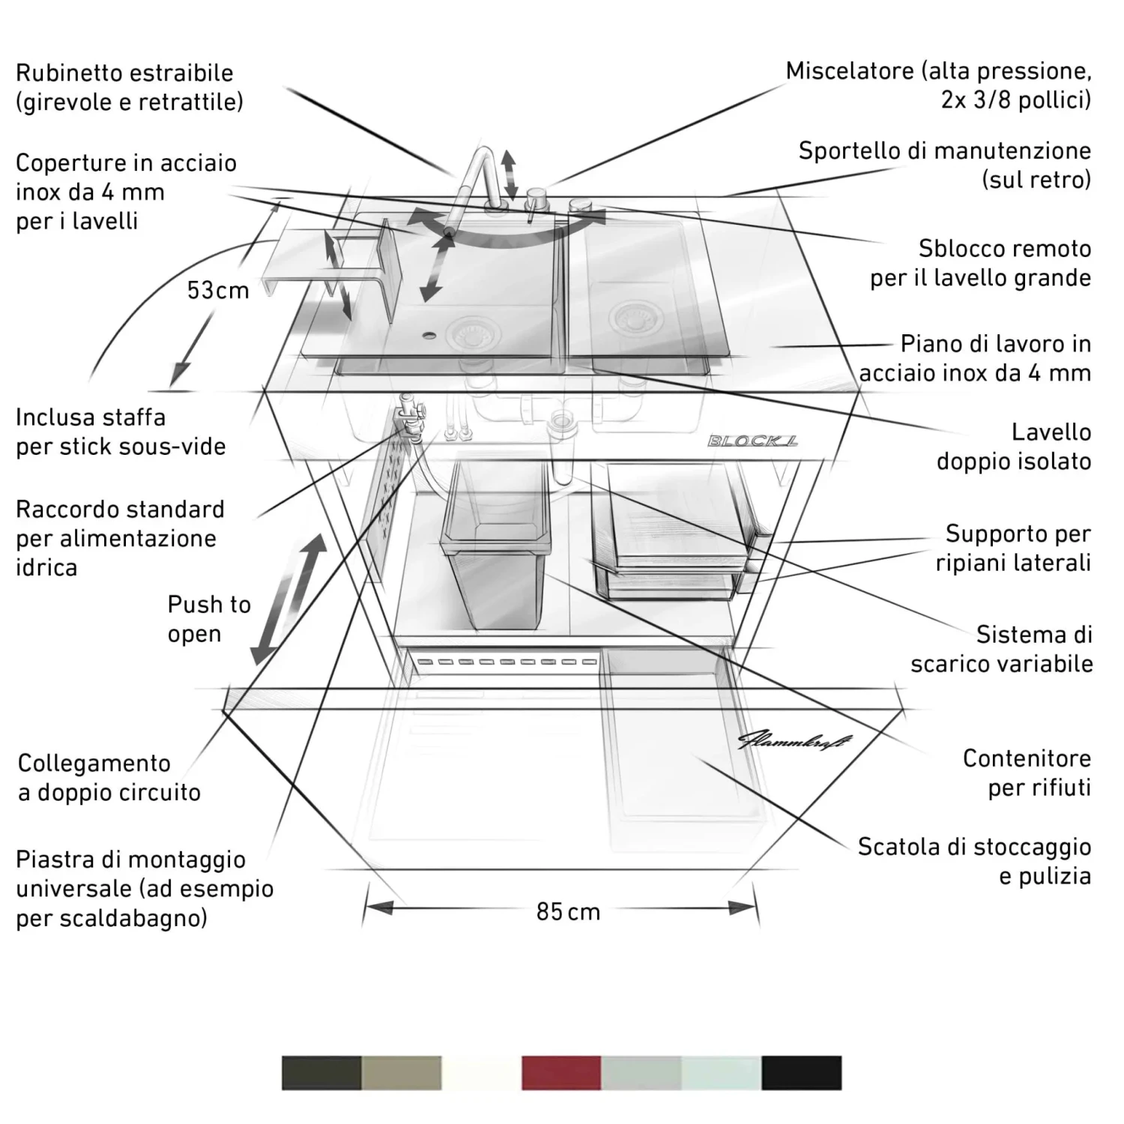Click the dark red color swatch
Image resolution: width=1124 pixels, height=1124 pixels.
561,1072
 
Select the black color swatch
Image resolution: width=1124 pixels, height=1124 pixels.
801,1072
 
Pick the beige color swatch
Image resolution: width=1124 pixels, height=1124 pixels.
402,1072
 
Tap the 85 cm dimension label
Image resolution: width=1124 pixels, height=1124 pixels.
568,912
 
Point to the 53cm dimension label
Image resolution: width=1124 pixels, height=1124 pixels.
218,290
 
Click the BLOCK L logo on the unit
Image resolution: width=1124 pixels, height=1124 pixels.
752,441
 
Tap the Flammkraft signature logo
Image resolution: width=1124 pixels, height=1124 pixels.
795,741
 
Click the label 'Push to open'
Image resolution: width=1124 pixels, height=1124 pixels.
208,619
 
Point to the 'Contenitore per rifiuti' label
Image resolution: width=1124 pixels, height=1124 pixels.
1026,773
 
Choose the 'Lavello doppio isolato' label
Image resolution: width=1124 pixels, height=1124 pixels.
1013,447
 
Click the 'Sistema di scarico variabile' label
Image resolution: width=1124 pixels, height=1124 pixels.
1001,649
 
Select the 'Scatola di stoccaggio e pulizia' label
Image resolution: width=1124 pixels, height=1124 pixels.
973,861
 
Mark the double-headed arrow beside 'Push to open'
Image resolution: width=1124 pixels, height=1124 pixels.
289,599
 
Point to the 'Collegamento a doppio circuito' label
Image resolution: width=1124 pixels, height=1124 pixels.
109,778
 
